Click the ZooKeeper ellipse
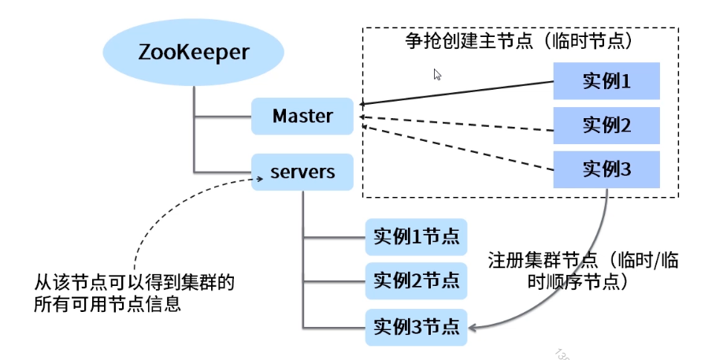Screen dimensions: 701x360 pyautogui.click(x=193, y=52)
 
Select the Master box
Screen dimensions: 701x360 pyautogui.click(x=302, y=117)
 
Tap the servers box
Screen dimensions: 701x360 pyautogui.click(x=302, y=173)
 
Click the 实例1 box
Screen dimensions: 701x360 pyautogui.click(x=606, y=81)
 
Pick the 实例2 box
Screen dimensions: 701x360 pyautogui.click(x=606, y=125)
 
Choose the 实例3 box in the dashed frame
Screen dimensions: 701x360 pyautogui.click(x=606, y=169)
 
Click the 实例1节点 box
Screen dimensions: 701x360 pyautogui.click(x=416, y=237)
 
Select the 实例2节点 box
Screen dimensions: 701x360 pyautogui.click(x=416, y=281)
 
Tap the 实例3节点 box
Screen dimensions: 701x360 pyautogui.click(x=416, y=328)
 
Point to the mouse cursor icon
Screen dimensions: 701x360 pyautogui.click(x=437, y=75)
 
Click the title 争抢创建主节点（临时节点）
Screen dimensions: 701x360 pyautogui.click(x=519, y=41)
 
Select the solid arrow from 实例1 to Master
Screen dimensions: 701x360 pyautogui.click(x=457, y=93)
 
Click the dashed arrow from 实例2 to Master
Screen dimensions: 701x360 pyautogui.click(x=457, y=124)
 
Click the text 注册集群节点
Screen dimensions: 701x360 pyautogui.click(x=543, y=260)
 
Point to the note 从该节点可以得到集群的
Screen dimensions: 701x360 pyautogui.click(x=134, y=283)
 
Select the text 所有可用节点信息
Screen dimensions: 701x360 pyautogui.click(x=107, y=303)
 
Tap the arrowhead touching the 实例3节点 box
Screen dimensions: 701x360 pyautogui.click(x=472, y=328)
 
